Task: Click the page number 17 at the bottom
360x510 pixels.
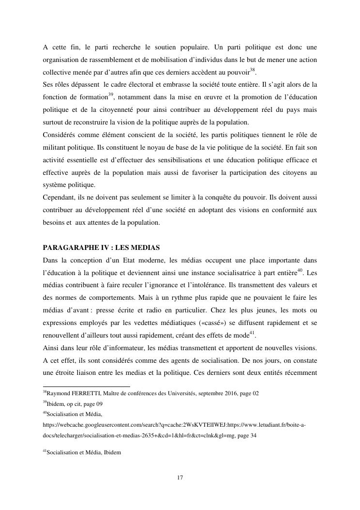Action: (x=180, y=478)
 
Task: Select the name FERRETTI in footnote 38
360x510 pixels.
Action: (x=85, y=393)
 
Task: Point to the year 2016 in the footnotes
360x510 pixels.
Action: (x=226, y=393)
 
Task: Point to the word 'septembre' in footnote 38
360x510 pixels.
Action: (x=203, y=393)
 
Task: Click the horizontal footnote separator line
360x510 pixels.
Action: (x=79, y=386)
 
